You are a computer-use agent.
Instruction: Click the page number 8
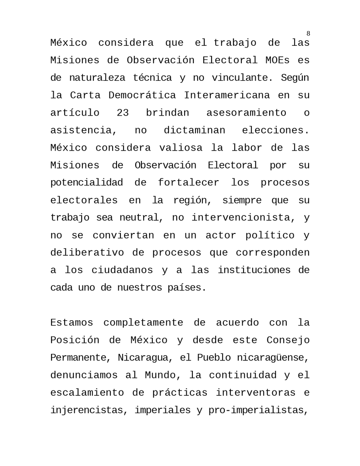coord(308,34)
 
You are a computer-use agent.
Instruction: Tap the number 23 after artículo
coord(123,113)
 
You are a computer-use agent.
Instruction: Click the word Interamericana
coord(227,96)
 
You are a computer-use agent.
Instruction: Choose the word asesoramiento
coord(246,113)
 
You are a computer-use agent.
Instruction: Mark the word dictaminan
coord(195,130)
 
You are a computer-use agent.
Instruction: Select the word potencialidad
coord(86,183)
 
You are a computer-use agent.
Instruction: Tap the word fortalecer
coord(189,183)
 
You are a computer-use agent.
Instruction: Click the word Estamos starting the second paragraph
coord(72,323)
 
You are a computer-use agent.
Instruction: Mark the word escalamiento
coord(87,393)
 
